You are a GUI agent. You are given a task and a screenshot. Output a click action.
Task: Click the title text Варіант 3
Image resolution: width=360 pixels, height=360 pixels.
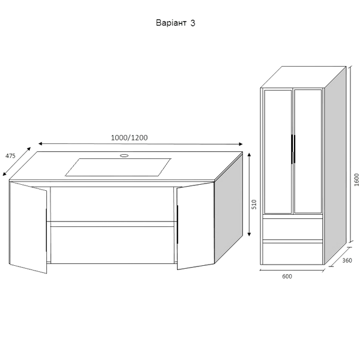[x=176, y=23]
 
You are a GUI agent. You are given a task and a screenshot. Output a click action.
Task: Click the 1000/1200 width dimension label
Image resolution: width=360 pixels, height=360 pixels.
[x=129, y=138]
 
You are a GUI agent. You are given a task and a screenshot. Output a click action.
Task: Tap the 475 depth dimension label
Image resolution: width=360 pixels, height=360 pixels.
[x=10, y=156]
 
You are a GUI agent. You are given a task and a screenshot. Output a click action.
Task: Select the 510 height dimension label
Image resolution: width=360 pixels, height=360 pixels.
[x=254, y=204]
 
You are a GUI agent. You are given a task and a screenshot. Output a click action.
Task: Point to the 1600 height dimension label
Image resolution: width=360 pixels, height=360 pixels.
[x=356, y=180]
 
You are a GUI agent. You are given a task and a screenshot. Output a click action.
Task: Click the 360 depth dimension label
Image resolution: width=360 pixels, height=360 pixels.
[x=347, y=260]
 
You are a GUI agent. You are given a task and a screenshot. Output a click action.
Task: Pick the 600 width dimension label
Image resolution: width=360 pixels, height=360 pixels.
[x=287, y=277]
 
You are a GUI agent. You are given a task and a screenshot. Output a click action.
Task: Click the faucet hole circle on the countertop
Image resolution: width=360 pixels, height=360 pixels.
[x=124, y=155]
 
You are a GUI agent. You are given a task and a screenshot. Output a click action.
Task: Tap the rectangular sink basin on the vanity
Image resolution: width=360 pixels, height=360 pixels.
[x=118, y=167]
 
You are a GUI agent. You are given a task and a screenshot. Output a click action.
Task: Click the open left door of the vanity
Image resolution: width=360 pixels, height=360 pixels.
[x=28, y=227]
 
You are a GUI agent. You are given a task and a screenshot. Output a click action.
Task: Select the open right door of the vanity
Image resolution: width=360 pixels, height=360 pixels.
[x=196, y=226]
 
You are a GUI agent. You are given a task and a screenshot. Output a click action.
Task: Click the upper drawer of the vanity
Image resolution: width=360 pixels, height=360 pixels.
[x=112, y=204]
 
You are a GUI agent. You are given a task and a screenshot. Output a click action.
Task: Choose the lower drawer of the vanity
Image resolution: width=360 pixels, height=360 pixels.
[x=112, y=245]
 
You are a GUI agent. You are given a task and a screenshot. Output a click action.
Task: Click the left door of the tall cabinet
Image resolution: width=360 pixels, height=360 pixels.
[x=278, y=152]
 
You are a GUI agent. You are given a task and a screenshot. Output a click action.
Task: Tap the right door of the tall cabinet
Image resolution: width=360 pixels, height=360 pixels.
[x=308, y=151]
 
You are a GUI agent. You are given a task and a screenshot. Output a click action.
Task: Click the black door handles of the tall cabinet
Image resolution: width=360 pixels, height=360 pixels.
[x=293, y=149]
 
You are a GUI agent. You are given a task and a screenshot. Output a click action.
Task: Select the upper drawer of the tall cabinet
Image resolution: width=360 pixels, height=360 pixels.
[x=293, y=229]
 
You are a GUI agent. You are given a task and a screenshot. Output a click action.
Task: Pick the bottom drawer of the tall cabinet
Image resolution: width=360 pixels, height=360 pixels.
[x=293, y=254]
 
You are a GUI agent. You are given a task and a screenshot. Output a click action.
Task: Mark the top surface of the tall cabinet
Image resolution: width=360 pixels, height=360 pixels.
[x=303, y=77]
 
